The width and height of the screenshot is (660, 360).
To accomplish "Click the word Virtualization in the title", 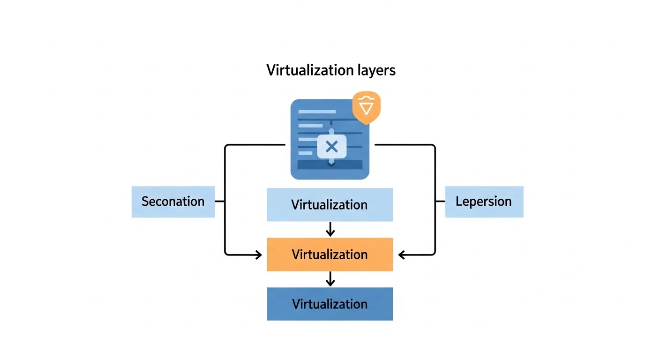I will pos(309,70).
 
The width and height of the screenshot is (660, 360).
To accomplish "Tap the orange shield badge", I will pos(366,107).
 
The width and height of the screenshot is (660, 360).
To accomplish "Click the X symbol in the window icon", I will pos(331,147).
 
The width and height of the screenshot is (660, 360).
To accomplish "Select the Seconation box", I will pos(173,202).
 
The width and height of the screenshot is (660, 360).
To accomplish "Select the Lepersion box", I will pos(484,202).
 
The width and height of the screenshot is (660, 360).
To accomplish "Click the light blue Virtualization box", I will pos(330,205).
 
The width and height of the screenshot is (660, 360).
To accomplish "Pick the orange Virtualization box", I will pos(330,255).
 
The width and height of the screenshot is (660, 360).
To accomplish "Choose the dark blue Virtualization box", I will pos(330,304).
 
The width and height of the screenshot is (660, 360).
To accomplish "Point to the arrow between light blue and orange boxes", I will pos(330,229).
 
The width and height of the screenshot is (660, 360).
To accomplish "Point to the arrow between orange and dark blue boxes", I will pos(330,279).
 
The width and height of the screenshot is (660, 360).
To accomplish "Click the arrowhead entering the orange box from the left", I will pos(258,255).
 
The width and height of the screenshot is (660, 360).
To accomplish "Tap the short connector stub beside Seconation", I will pos(220,202).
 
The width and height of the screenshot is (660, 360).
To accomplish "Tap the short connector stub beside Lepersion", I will pos(440,202).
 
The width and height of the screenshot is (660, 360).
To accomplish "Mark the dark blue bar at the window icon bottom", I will pos(330,165).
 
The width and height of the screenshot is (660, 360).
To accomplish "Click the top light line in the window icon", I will pos(317,112).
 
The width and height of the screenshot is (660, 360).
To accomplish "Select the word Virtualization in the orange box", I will pos(330,255).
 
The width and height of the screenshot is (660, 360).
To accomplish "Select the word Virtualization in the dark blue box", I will pos(330,304).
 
